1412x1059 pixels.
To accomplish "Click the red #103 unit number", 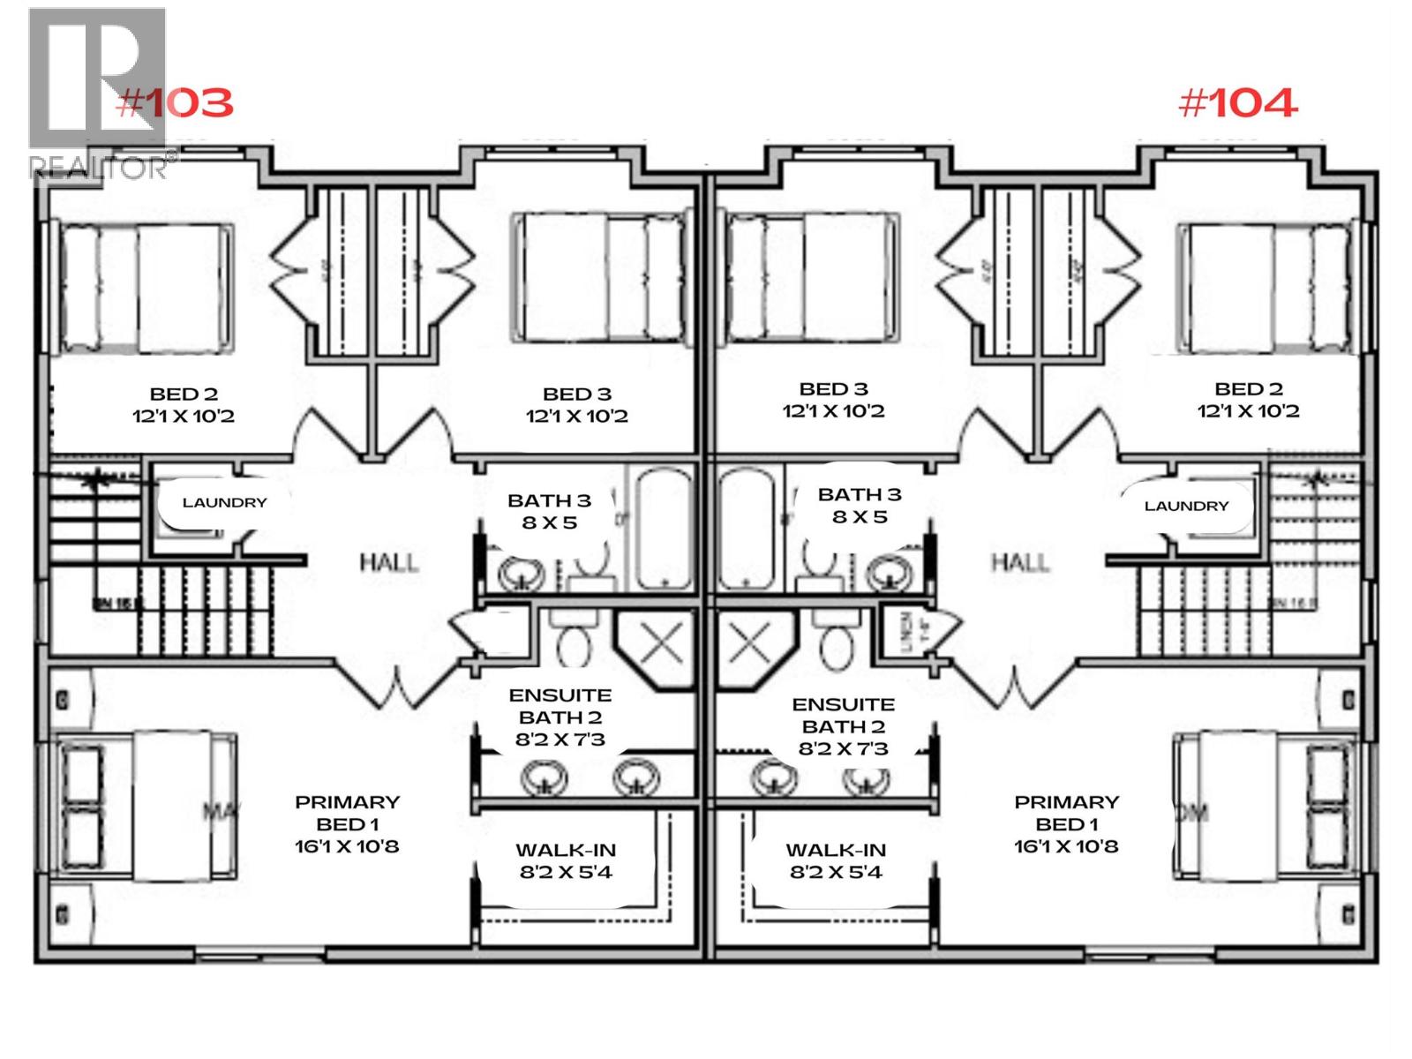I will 175,103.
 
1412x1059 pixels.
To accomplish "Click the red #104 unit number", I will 1237,103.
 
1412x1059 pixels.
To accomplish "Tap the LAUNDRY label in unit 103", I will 224,502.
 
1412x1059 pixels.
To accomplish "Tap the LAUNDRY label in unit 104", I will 1186,506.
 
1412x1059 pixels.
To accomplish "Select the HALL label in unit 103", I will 388,562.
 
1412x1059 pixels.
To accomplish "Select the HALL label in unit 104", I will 1020,562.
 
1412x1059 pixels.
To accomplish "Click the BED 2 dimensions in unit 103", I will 184,416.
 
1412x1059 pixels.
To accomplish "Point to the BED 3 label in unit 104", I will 833,388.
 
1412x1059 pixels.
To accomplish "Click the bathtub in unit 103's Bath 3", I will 665,528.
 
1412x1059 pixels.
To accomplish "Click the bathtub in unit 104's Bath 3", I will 747,528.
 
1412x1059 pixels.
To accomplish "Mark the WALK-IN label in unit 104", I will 835,850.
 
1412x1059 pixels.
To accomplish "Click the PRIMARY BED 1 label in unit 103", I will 347,813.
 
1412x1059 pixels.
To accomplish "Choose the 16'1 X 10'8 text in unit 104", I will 1065,846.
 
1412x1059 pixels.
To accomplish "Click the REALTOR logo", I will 97,93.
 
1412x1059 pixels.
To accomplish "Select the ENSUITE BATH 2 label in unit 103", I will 560,706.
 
